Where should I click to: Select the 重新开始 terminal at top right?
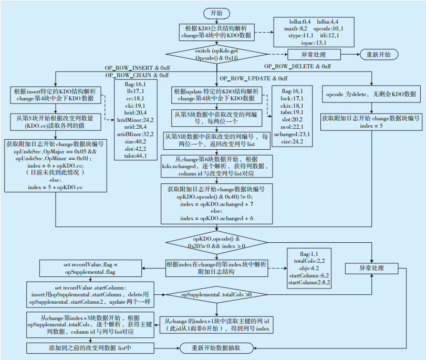pos(378,54)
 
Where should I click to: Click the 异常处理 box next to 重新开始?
pos(313,54)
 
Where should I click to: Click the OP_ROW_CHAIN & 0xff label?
pos(137,76)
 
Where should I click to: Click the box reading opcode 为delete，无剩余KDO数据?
pos(370,94)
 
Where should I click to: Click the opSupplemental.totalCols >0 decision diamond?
pos(216,295)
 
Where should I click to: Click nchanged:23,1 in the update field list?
pos(293,135)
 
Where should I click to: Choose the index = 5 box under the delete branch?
pos(370,122)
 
